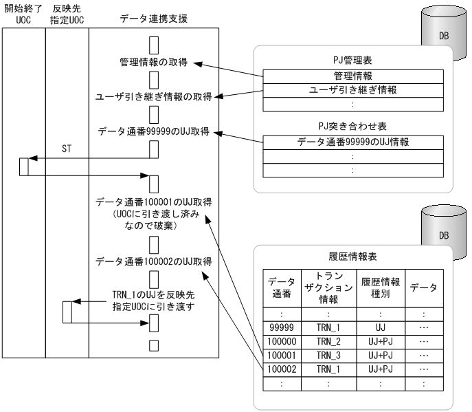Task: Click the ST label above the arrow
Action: click(67, 147)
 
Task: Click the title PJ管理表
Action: click(353, 60)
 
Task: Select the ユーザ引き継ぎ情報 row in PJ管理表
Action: click(353, 90)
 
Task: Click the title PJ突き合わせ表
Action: click(353, 126)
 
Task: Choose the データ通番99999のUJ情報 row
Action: click(353, 142)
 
